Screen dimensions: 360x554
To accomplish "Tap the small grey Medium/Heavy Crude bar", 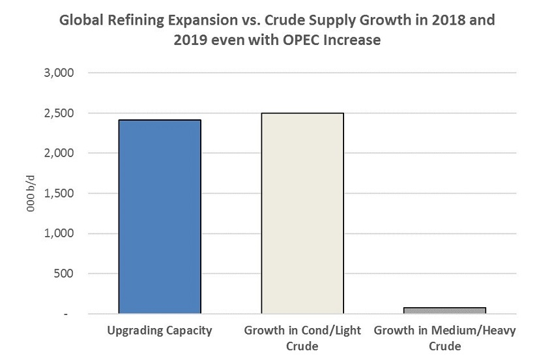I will pos(445,310).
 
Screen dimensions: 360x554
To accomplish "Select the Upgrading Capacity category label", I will pos(160,331).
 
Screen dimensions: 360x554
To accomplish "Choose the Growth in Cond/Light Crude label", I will pos(302,337).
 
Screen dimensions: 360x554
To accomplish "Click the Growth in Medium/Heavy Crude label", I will pos(445,337).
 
